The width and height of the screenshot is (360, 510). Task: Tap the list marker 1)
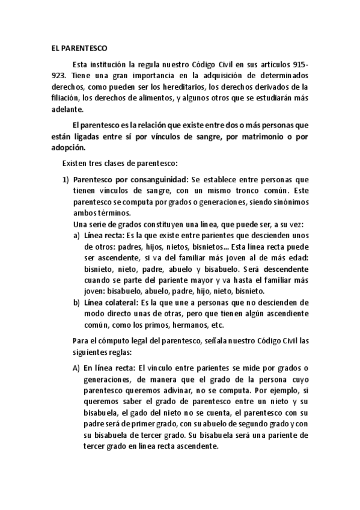[67, 179]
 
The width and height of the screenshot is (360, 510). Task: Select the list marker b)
[76, 302]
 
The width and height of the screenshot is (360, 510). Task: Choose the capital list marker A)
[76, 368]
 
